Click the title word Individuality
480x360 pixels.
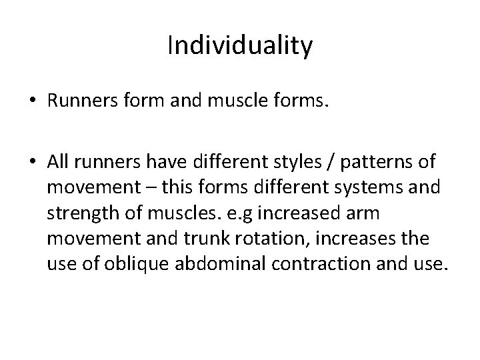pos(240,47)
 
